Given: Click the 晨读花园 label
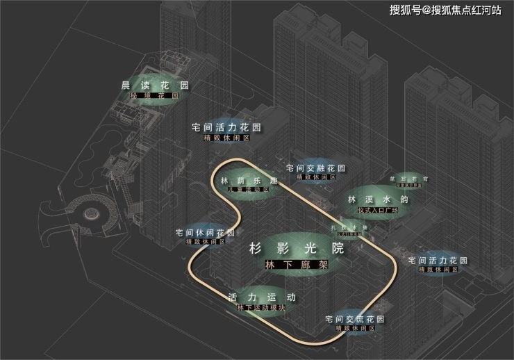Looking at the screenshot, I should coord(155,85).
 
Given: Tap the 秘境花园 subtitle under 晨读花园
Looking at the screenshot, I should coord(155,95).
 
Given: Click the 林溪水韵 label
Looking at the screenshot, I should coord(373,199).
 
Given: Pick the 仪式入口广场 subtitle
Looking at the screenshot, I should coord(373,208).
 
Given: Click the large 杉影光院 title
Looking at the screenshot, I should coord(297,247).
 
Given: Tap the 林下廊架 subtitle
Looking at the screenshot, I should coord(297,265).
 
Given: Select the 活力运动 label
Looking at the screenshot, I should coord(262,297).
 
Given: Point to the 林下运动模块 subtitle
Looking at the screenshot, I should coord(262,306).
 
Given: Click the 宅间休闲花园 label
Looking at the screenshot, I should coord(205,232).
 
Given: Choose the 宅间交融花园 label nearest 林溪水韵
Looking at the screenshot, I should coord(316,168).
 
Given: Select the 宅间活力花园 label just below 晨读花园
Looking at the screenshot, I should coord(226,128).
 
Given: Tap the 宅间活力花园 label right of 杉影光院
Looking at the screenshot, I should coord(438,261).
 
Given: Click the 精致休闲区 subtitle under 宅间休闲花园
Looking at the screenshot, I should coord(205,241).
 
